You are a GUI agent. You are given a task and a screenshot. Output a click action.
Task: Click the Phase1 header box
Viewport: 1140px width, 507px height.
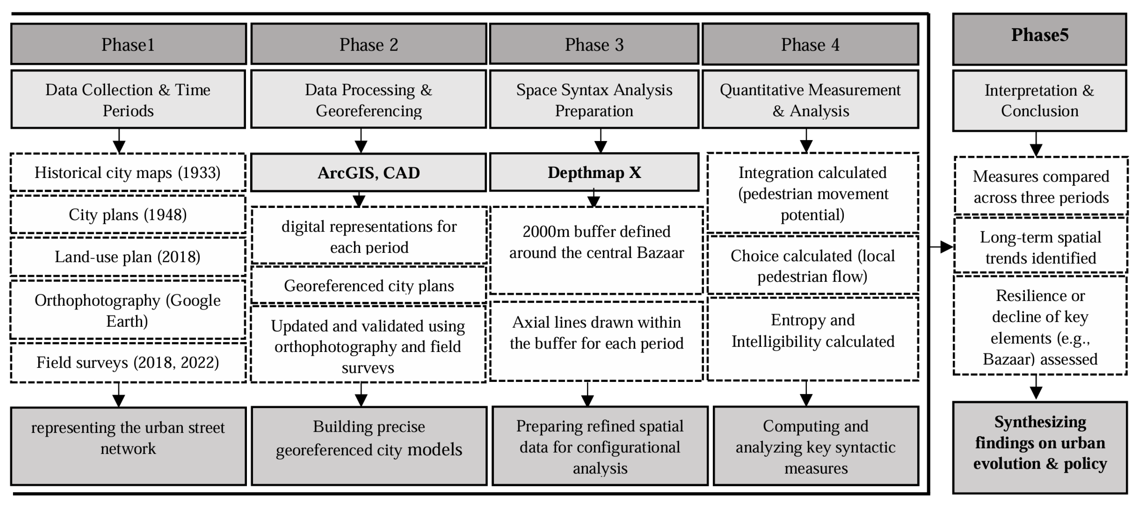[128, 44]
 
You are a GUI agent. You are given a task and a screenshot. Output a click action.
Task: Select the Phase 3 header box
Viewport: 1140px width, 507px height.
[594, 44]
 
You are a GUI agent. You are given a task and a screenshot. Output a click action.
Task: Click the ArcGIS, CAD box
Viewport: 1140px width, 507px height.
[369, 173]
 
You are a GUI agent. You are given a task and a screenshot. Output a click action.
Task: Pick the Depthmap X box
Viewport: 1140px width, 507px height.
[594, 173]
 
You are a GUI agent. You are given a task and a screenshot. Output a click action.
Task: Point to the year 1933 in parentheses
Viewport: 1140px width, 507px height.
[199, 173]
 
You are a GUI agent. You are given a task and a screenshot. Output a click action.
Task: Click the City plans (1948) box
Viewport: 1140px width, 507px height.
[128, 215]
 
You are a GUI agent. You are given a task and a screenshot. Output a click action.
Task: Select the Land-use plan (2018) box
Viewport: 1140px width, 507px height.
[128, 256]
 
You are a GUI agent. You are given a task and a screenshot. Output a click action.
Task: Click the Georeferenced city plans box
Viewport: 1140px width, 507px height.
[369, 285]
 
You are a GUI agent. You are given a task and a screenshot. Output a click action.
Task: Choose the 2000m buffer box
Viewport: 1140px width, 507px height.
[596, 250]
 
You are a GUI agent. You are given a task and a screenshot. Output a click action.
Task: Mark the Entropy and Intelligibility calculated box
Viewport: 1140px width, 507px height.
[813, 338]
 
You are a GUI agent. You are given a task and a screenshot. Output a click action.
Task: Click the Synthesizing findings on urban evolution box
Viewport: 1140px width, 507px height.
[1040, 447]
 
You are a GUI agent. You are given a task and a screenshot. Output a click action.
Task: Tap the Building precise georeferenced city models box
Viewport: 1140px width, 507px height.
[369, 446]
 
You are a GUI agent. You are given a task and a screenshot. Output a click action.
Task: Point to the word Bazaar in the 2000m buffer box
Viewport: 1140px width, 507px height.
[660, 253]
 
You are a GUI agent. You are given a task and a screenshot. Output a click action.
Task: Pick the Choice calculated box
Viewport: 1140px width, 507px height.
[813, 265]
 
